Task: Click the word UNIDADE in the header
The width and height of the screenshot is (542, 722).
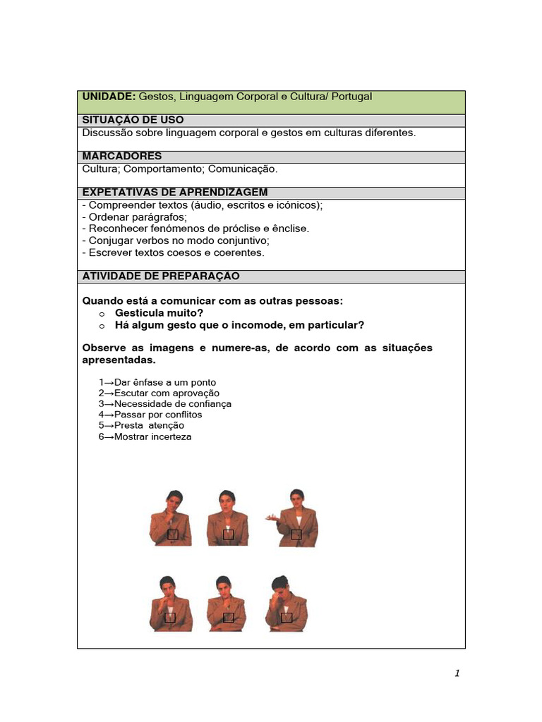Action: coord(109,97)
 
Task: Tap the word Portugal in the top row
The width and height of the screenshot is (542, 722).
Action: coord(349,97)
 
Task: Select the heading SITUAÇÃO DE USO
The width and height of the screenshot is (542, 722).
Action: coord(129,121)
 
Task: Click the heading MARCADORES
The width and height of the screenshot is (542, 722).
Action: coord(122,157)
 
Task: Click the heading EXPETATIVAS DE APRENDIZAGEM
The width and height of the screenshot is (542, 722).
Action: coord(175,192)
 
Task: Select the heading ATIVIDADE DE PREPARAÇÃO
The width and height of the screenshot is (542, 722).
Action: coord(161,276)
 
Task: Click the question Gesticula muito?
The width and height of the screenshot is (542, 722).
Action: coord(159,312)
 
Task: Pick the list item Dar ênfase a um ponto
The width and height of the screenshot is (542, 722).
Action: coord(157,382)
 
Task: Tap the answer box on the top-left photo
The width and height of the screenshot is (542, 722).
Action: coord(173,535)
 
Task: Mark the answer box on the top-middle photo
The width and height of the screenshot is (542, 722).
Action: coord(228,534)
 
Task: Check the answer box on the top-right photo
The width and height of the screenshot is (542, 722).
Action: coord(296,534)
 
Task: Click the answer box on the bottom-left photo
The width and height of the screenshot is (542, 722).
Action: coord(170,618)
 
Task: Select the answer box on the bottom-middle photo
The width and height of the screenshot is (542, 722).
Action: coord(228,618)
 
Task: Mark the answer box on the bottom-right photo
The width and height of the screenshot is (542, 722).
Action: coord(287,618)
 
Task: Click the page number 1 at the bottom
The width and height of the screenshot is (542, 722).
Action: coord(457,673)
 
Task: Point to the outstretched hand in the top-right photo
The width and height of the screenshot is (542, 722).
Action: coord(270,518)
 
